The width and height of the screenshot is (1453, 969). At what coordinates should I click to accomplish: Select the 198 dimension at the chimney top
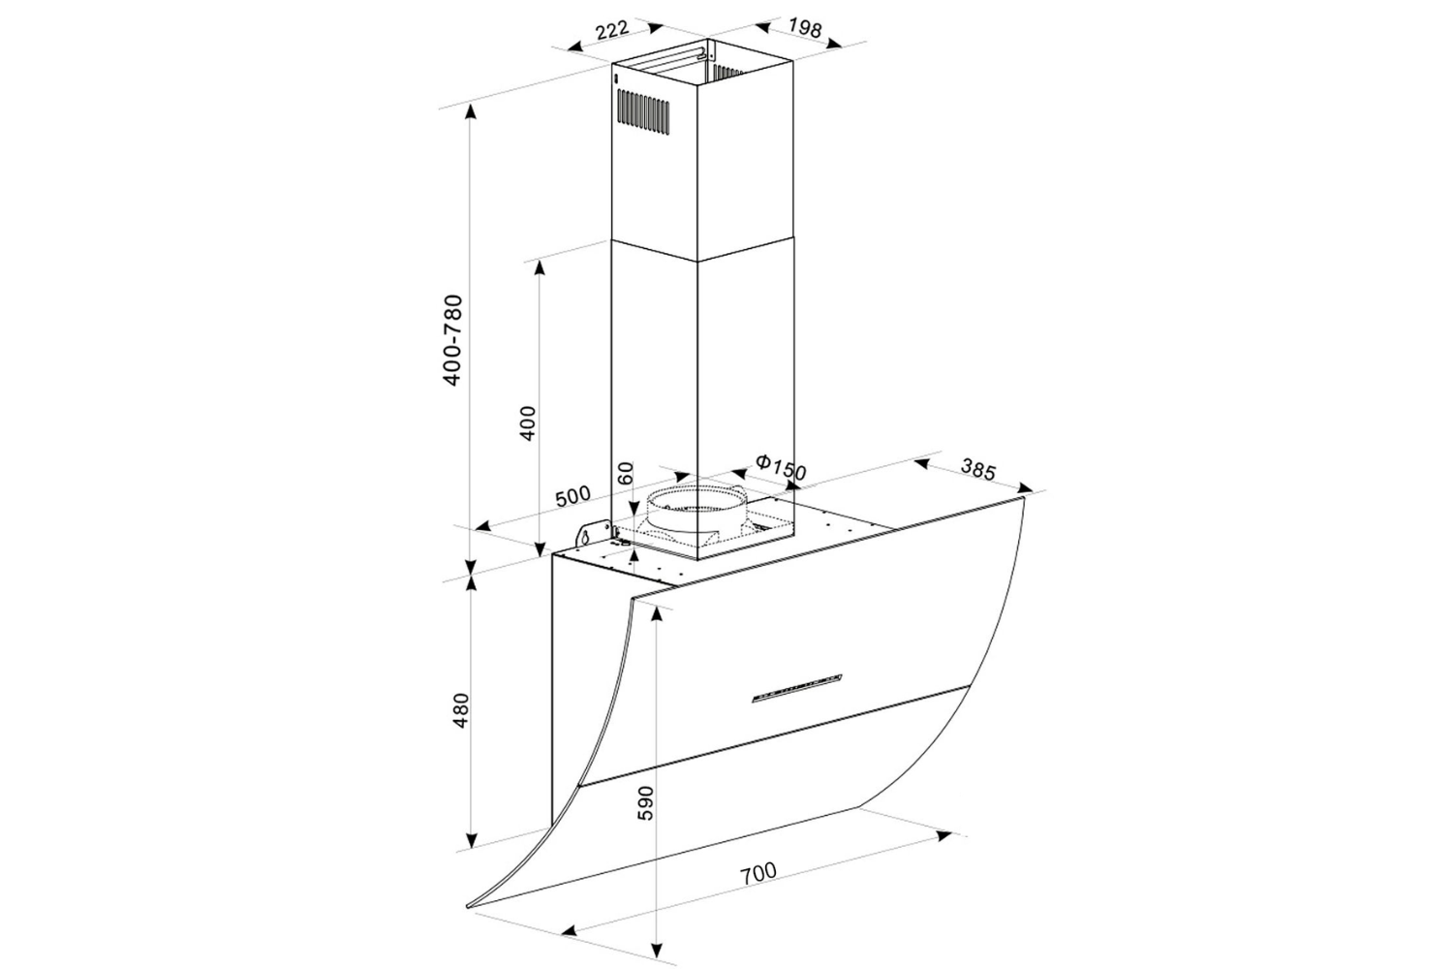pyautogui.click(x=803, y=28)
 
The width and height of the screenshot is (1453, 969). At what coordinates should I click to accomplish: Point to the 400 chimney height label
pyautogui.click(x=528, y=423)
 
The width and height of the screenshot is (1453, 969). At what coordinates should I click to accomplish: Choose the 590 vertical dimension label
pyautogui.click(x=646, y=803)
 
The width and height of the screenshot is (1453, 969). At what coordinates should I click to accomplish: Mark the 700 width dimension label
pyautogui.click(x=757, y=872)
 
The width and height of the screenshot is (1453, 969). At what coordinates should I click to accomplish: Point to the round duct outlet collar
pyautogui.click(x=696, y=507)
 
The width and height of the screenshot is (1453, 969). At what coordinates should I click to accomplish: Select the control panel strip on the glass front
pyautogui.click(x=797, y=687)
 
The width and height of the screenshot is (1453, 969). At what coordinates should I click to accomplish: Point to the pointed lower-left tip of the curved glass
pyautogui.click(x=469, y=908)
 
